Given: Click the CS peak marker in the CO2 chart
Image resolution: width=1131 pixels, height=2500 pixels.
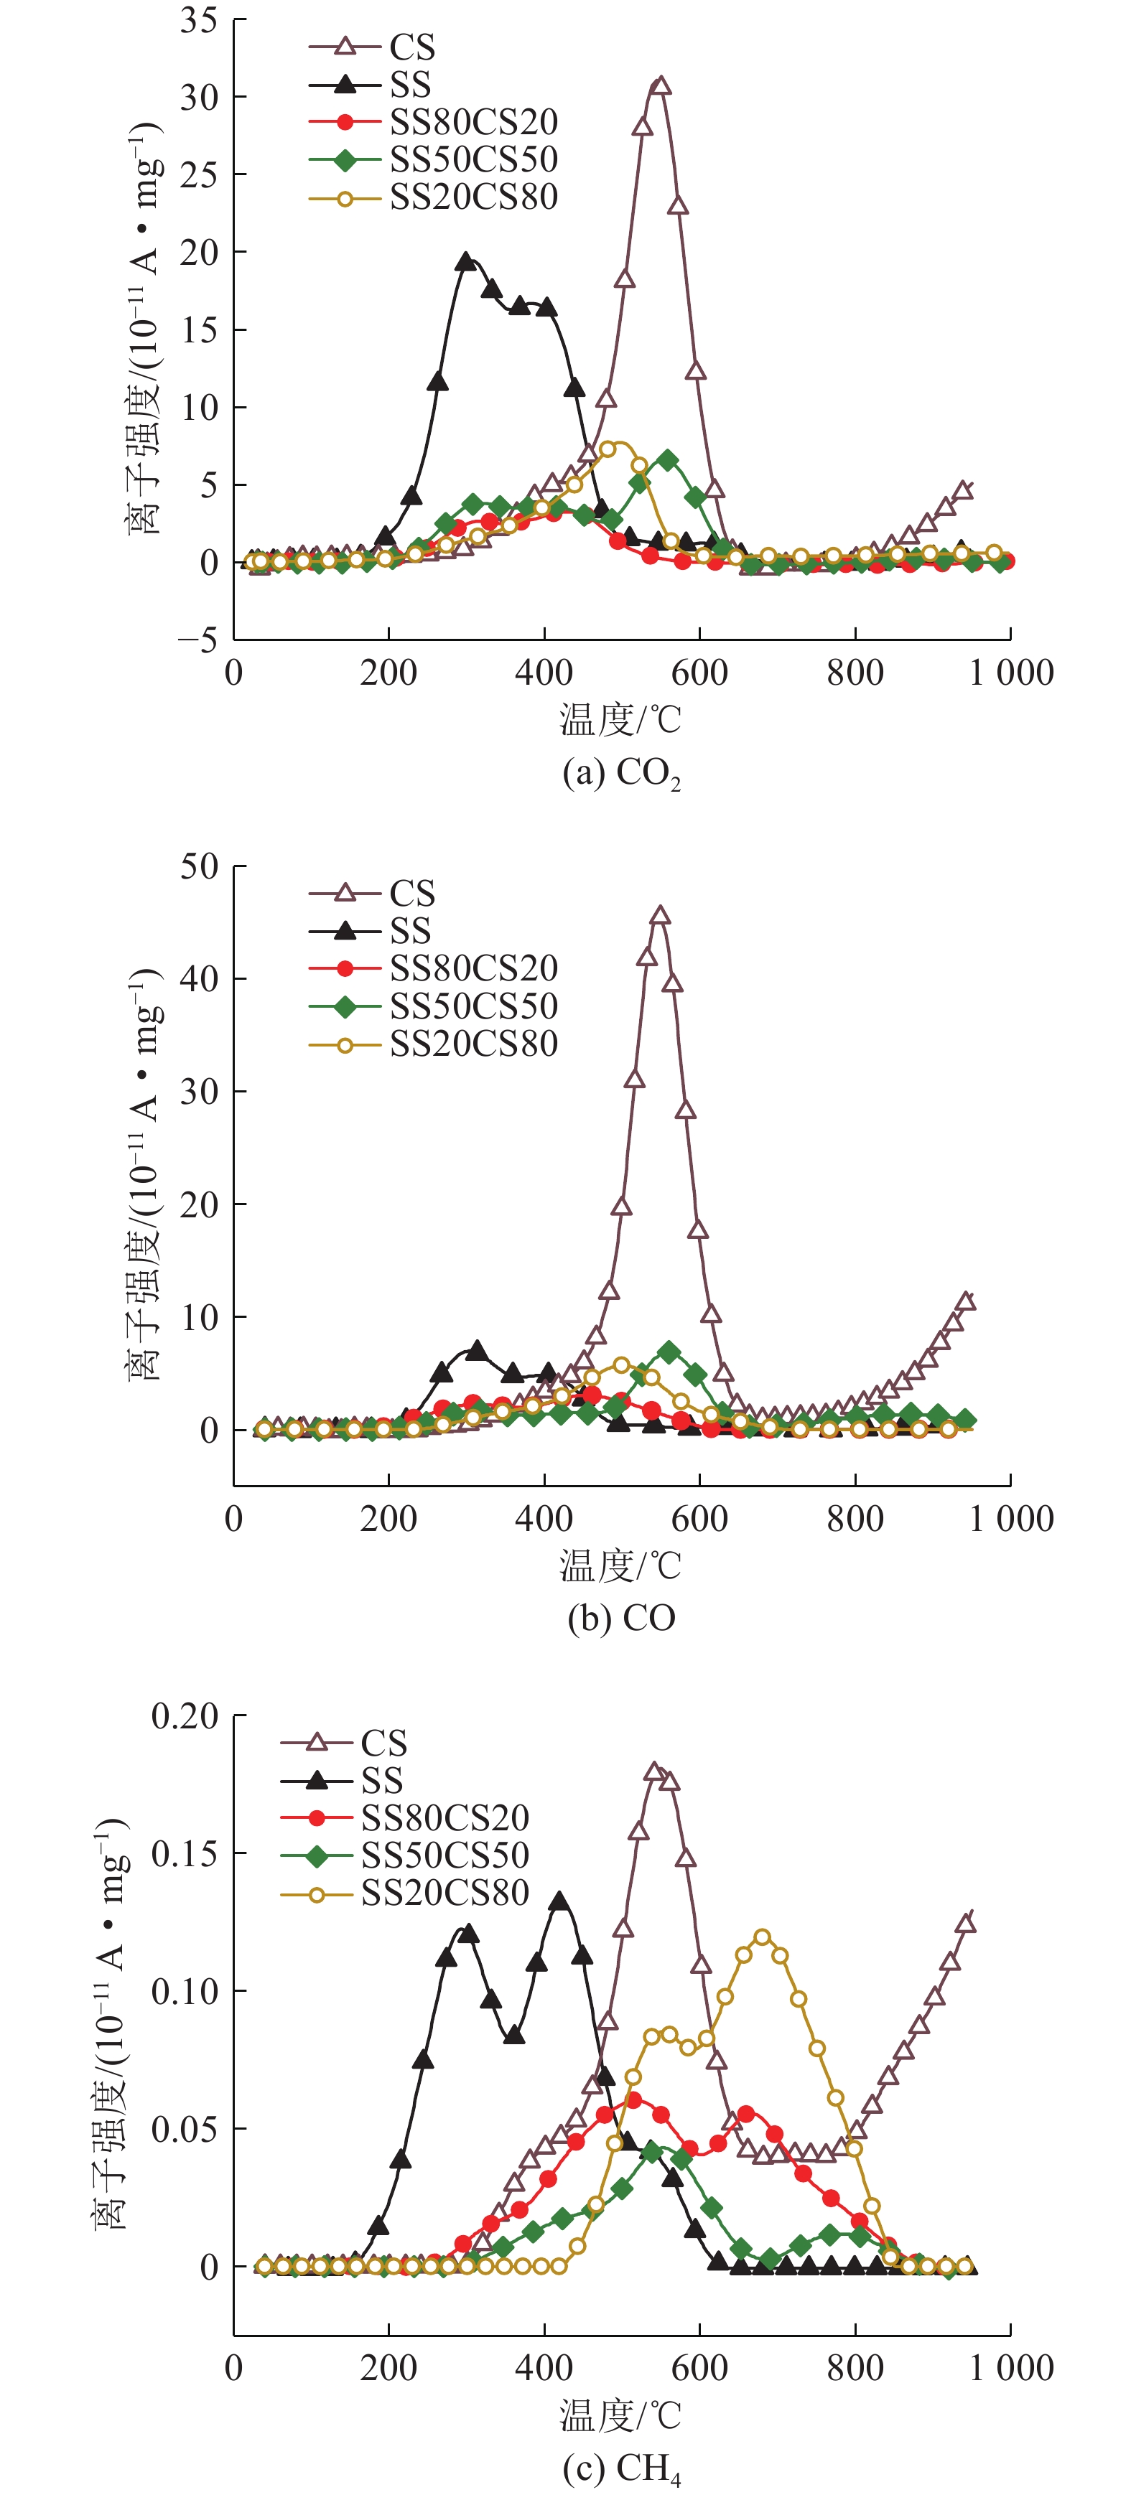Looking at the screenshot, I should coord(660,85).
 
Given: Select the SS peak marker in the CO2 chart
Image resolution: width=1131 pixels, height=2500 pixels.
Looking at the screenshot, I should coord(466,261).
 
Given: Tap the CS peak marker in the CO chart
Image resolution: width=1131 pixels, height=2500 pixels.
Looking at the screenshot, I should coord(660,915).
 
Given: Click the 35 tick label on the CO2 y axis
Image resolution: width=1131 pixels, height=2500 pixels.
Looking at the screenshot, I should coord(199,20).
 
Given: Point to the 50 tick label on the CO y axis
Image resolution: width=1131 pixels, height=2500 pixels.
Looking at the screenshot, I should coord(199,866).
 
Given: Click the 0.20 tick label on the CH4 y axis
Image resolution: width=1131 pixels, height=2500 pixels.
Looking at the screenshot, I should coord(185,1717).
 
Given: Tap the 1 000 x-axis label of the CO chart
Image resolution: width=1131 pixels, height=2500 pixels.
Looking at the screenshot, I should coord(1010,1519).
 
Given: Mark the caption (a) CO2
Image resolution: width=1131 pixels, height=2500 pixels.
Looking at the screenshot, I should coord(621,774).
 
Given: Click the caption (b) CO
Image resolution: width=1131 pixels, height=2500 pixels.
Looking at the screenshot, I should coord(621,1618).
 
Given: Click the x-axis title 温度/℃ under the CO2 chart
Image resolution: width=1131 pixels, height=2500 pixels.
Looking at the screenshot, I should coord(620,720).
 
